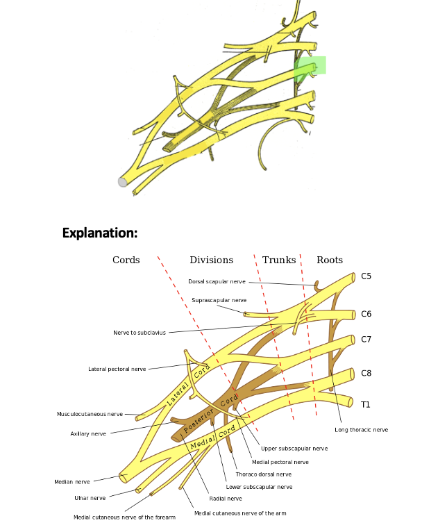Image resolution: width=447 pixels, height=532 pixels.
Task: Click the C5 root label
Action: tap(366, 276)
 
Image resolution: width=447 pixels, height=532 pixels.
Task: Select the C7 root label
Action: tap(366, 340)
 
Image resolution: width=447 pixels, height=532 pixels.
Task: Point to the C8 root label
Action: tap(366, 374)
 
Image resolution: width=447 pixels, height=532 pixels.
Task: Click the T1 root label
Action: tap(365, 404)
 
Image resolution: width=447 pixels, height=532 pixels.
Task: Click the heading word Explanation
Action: tap(100, 233)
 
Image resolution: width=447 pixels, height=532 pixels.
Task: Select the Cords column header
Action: tap(126, 260)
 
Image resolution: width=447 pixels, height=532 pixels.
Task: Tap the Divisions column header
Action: tap(211, 260)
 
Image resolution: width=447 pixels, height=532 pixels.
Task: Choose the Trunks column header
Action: tap(279, 260)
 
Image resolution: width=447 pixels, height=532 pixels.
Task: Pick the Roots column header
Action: tap(330, 260)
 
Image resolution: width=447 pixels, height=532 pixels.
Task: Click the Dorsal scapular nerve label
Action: tap(217, 282)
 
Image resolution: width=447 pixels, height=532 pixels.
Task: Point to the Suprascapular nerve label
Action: tap(219, 301)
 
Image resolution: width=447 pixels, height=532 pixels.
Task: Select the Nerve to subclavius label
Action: tap(140, 333)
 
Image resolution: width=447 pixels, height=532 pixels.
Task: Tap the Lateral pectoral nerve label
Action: tap(117, 369)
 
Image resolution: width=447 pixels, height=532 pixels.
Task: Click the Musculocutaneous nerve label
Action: tap(90, 415)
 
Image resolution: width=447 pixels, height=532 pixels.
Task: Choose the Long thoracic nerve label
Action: tap(361, 430)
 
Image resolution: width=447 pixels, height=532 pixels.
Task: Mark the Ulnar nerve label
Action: tap(90, 498)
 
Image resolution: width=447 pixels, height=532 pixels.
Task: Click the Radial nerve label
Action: tap(226, 499)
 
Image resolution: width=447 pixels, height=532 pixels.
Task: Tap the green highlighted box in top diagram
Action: tap(310, 67)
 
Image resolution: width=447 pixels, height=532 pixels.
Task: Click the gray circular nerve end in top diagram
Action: tap(123, 182)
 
